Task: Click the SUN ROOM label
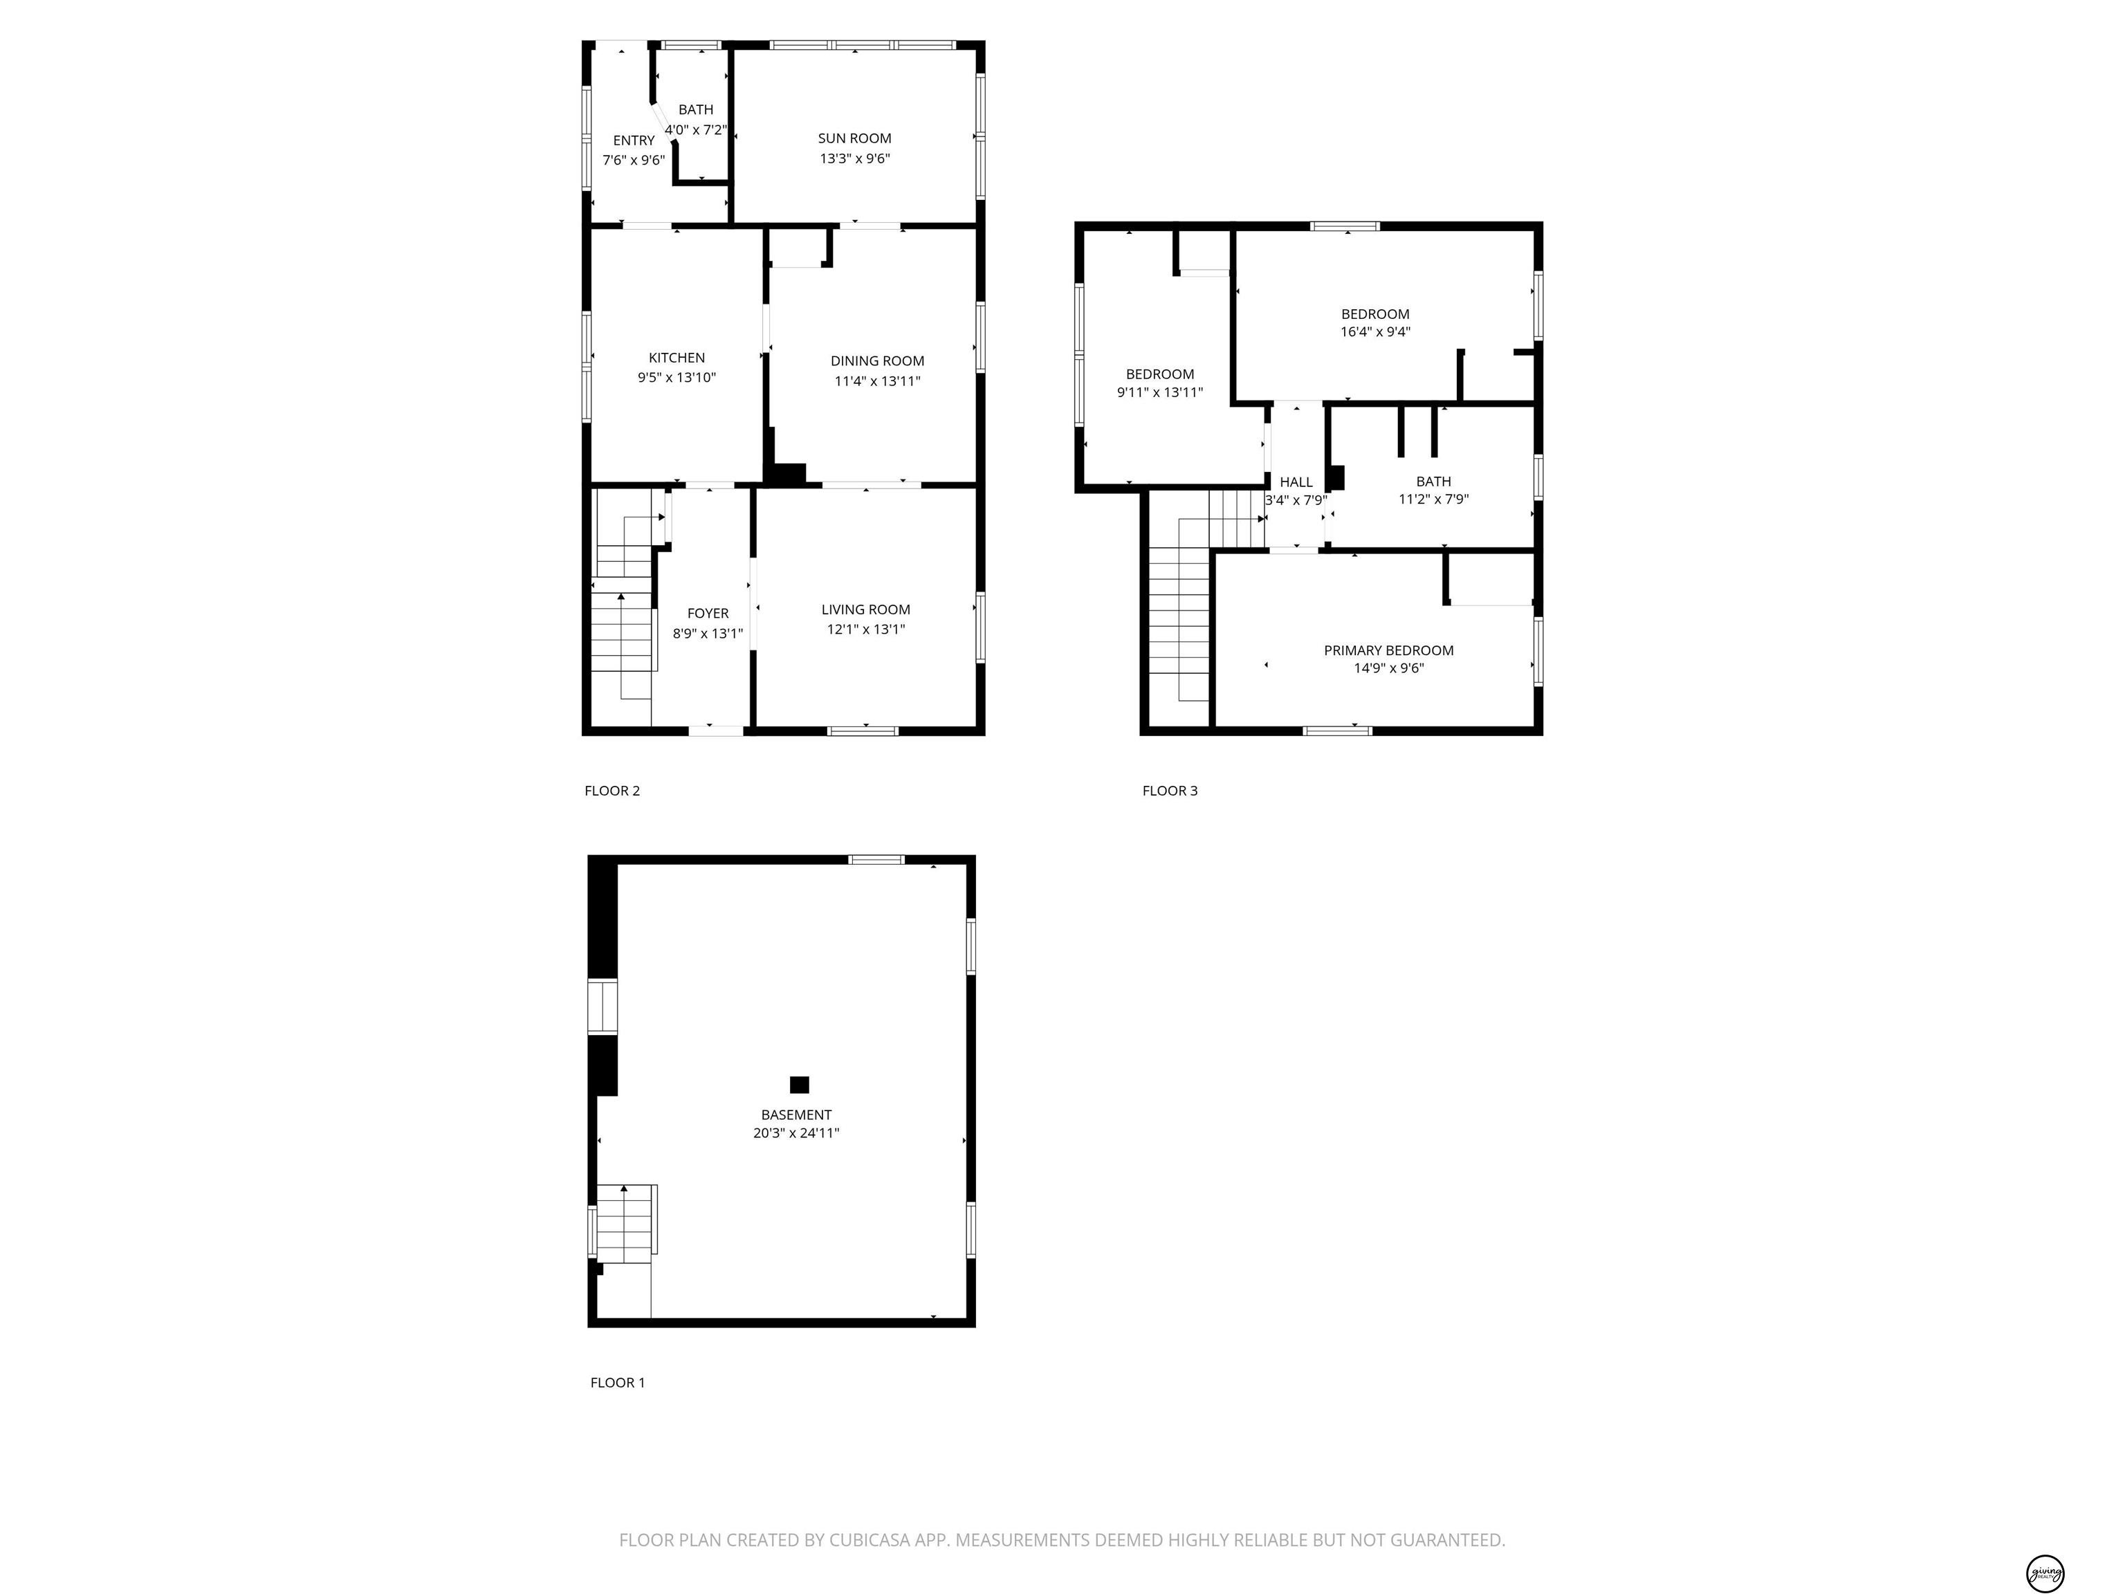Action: coord(854,138)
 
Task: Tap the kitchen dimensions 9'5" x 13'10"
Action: coord(677,378)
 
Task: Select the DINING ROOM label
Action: coord(877,361)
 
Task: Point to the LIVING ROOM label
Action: coord(865,609)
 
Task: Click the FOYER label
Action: coord(708,613)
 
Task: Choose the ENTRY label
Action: coord(634,140)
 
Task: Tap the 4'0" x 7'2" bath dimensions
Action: coord(695,129)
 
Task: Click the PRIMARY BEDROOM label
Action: coord(1388,650)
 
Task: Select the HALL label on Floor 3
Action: coord(1296,482)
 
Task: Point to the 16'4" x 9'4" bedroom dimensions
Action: coord(1376,333)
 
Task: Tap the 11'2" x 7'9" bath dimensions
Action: coord(1433,500)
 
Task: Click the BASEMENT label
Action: coord(796,1115)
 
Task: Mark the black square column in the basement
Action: coord(799,1085)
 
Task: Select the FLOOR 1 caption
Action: coord(618,1382)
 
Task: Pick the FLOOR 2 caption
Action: coord(612,791)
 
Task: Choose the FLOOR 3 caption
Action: coord(1170,791)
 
